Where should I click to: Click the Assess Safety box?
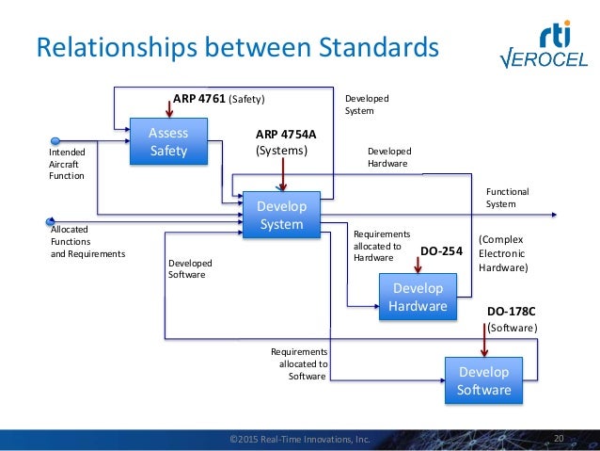coord(168,141)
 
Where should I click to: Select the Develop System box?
coord(281,215)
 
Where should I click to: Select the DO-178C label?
coord(512,310)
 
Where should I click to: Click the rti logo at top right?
coord(560,37)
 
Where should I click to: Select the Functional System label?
coord(507,198)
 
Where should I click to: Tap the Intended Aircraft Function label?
coord(67,163)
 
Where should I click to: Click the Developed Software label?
coord(190,269)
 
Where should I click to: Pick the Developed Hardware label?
coord(389,156)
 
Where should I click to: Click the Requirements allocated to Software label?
coord(298,363)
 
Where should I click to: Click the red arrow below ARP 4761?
coord(168,105)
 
